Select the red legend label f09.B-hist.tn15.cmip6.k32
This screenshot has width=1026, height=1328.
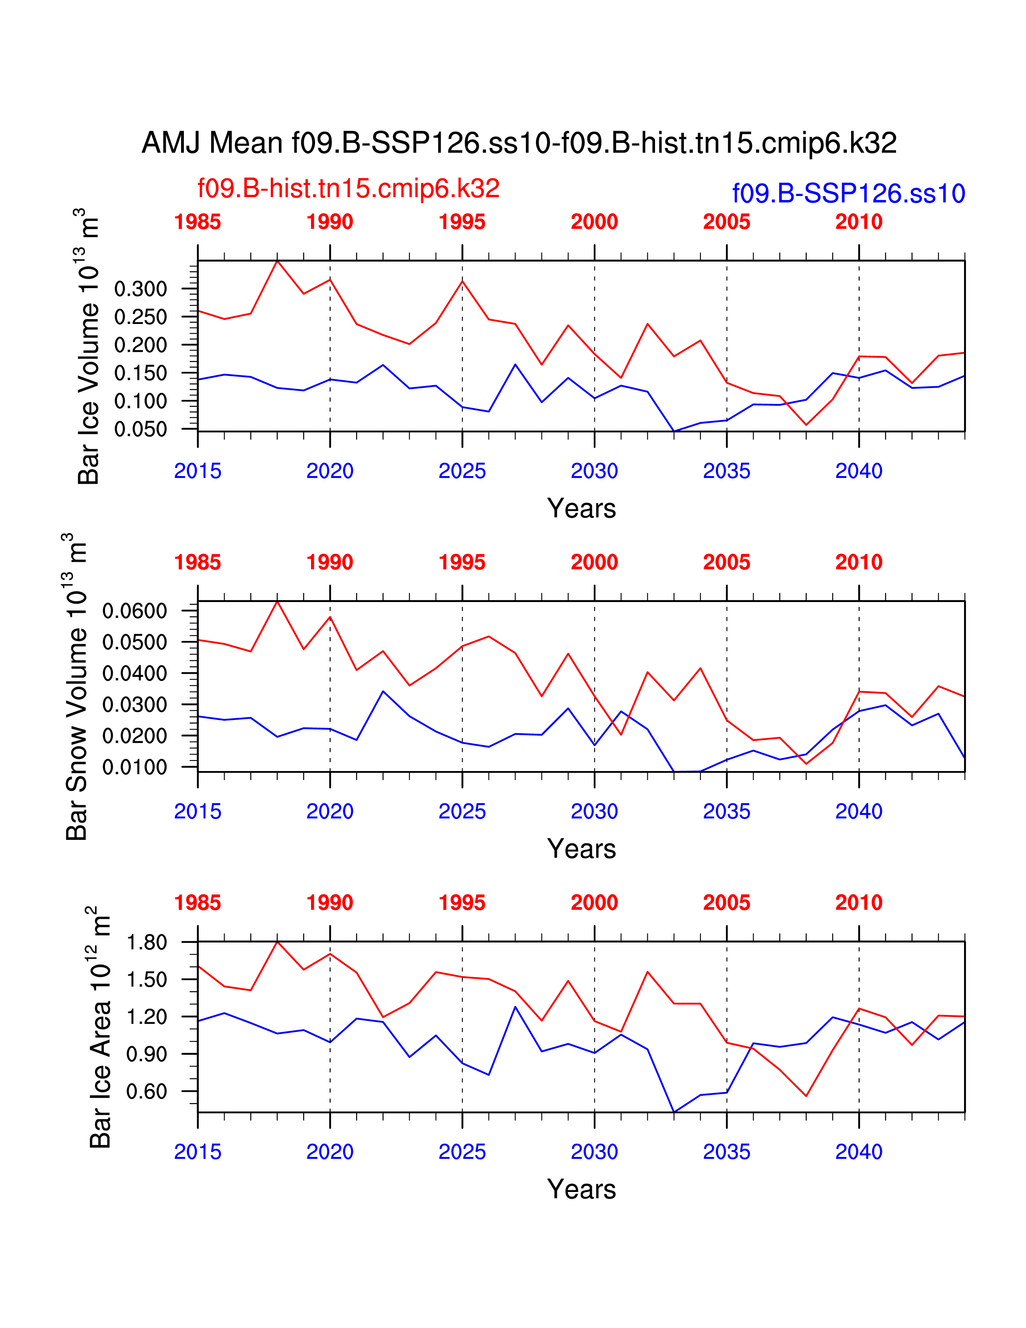coord(348,188)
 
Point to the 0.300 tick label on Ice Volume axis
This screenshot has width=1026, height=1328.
coord(140,289)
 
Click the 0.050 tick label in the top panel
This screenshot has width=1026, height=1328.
coord(140,429)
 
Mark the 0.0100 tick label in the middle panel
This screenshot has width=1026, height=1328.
coord(134,767)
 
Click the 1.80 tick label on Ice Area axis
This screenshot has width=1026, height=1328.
coord(146,942)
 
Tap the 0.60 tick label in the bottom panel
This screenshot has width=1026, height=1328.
coord(146,1091)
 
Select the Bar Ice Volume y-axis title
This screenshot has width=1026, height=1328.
coord(88,346)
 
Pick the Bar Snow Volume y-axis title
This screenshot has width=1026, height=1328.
coord(76,687)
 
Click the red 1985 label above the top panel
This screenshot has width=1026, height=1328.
coord(198,222)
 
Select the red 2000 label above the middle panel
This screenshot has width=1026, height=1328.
coord(594,563)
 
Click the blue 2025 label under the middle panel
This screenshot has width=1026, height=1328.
coord(462,811)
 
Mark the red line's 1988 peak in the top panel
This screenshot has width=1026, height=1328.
coord(277,262)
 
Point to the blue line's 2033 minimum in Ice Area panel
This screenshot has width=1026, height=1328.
coord(674,1111)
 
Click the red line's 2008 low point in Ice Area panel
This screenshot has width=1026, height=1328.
coord(806,1096)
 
